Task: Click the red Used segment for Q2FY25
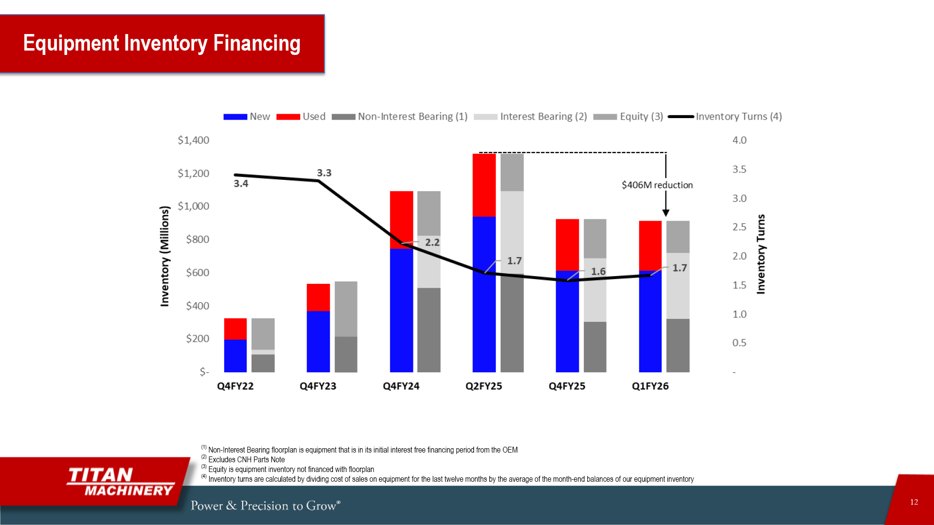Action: [x=484, y=185]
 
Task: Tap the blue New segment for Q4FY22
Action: [x=235, y=356]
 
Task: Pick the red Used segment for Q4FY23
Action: [x=318, y=297]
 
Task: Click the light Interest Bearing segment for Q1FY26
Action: [x=678, y=286]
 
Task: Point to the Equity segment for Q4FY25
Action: [x=595, y=238]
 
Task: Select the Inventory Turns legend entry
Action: [x=725, y=117]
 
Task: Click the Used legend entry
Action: [x=301, y=117]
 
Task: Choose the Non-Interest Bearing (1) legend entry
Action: [x=399, y=117]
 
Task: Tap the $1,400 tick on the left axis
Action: [x=193, y=140]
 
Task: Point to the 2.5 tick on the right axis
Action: [x=739, y=227]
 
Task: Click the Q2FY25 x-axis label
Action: [x=484, y=386]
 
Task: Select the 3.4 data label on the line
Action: [x=241, y=184]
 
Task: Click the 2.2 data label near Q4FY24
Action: [x=432, y=242]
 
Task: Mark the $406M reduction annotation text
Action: [x=657, y=185]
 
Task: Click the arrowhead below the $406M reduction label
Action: [x=666, y=213]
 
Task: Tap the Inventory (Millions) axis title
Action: [x=165, y=256]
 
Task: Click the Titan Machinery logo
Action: [x=121, y=482]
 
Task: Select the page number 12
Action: [x=914, y=502]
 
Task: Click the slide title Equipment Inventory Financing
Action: [x=162, y=43]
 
